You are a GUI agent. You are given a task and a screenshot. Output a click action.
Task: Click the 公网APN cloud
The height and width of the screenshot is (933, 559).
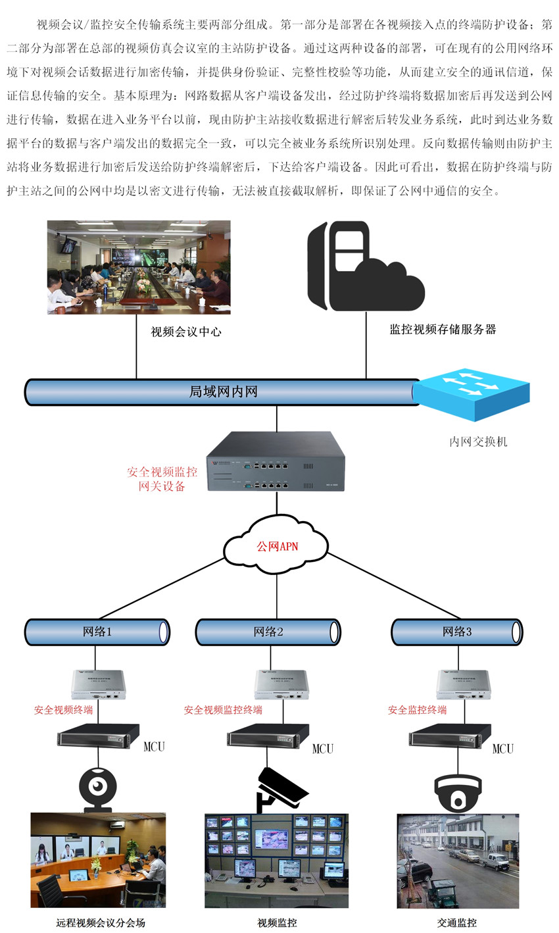coord(276,545)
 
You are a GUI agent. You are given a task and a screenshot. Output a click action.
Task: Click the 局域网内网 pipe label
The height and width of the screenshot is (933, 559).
coord(223,391)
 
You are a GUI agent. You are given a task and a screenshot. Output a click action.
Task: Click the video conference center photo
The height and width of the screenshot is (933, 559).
coord(139,266)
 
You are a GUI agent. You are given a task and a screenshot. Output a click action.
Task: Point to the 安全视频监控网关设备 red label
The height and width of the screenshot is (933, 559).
coord(162,479)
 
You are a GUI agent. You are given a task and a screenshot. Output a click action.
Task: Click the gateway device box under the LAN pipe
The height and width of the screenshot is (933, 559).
coord(276,461)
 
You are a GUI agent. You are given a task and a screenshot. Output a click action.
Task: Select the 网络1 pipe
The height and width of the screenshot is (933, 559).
coord(97,632)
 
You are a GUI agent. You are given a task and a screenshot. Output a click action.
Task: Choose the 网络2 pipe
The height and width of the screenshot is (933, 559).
coord(268,632)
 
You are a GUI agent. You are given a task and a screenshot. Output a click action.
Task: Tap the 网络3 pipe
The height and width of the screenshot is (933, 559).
coord(457,632)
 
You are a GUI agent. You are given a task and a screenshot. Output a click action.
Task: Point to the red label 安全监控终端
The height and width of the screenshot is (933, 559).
coord(417,710)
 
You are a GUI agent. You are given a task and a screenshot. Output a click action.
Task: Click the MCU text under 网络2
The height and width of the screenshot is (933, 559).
coord(322,749)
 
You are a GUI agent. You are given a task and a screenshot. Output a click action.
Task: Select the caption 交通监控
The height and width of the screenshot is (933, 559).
coord(457,922)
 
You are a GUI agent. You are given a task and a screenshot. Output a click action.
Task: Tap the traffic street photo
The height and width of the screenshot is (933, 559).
coord(458,861)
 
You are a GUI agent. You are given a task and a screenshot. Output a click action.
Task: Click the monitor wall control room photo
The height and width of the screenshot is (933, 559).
coord(276,861)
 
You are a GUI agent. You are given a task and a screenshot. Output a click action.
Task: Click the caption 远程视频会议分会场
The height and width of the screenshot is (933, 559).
coord(100,922)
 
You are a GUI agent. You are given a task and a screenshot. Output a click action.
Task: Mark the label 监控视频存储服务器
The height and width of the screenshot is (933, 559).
coord(443,330)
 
